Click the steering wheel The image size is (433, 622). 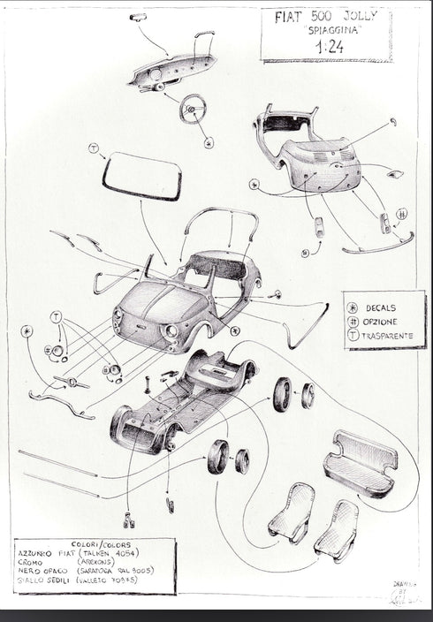coord(193,108)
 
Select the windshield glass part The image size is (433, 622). coord(141,176)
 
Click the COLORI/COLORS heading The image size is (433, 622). coord(96,544)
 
